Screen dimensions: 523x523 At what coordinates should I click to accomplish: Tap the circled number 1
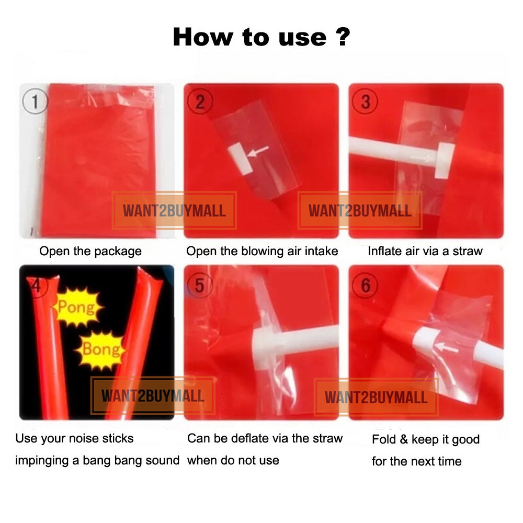click(35, 101)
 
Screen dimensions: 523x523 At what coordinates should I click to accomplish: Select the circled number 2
click(200, 101)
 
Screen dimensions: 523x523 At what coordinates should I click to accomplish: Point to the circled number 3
click(365, 101)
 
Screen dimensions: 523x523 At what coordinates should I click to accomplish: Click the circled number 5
click(199, 286)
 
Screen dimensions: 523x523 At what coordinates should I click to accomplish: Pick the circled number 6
click(365, 286)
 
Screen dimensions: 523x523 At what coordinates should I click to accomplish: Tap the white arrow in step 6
click(446, 348)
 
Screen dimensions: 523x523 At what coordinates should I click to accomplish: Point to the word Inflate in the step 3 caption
click(383, 251)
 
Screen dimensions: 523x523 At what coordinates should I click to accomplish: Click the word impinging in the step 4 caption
click(42, 461)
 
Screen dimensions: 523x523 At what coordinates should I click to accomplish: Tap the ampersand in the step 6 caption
click(404, 440)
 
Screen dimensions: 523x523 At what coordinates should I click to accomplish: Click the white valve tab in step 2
click(241, 158)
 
